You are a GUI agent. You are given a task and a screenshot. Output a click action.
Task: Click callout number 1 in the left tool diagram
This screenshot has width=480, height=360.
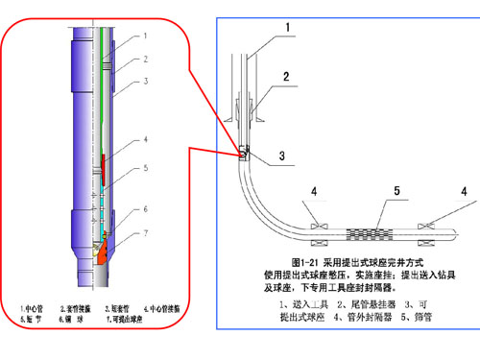(x=145, y=35)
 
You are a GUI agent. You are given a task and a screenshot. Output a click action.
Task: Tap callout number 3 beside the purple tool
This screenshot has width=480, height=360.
(x=145, y=83)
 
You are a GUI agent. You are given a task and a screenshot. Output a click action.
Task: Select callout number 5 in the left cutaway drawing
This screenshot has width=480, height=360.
(x=145, y=168)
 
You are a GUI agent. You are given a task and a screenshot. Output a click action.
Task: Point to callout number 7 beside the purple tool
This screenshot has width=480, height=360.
(x=145, y=233)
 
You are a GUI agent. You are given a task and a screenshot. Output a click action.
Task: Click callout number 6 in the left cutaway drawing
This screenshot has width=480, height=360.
(x=145, y=208)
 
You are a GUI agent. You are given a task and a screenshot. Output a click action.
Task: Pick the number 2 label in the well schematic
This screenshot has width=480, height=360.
(x=285, y=76)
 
